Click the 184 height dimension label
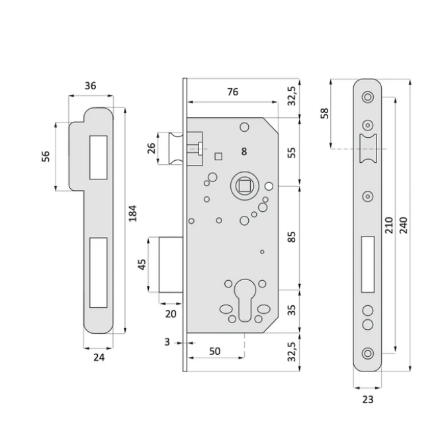[x=133, y=213]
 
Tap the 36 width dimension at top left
[x=90, y=85]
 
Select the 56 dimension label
[x=46, y=156]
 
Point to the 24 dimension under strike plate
[x=99, y=357]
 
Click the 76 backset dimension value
[x=233, y=92]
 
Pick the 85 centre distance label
[x=291, y=237]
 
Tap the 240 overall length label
[x=403, y=225]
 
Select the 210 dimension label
[x=389, y=225]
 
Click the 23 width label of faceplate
[x=368, y=399]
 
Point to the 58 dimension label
[x=324, y=113]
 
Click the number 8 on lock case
[x=244, y=152]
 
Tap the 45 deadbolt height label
[x=142, y=264]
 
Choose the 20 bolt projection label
[x=171, y=314]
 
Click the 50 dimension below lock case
[x=215, y=351]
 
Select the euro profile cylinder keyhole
[x=245, y=300]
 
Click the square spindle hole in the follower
[x=244, y=186]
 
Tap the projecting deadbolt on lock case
[x=171, y=265]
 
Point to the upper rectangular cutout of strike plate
[x=99, y=158]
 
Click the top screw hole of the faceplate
[x=368, y=97]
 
